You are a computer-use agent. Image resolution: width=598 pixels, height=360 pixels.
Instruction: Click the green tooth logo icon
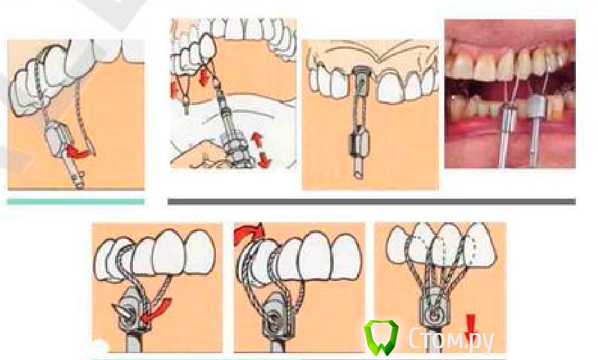point(381,337)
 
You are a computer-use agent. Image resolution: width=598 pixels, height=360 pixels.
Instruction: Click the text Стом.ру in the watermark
point(451,339)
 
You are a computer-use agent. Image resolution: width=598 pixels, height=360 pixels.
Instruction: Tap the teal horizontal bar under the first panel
point(76,201)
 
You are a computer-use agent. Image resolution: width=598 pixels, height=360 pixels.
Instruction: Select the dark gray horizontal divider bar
point(372,201)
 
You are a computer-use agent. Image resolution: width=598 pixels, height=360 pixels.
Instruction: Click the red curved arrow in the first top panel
point(80,152)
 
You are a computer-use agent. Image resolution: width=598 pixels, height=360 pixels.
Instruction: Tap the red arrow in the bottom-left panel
point(156,309)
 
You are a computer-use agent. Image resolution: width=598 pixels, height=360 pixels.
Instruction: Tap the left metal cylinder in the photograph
point(508,116)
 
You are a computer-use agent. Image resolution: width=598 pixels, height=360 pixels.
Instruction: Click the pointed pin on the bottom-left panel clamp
point(122,309)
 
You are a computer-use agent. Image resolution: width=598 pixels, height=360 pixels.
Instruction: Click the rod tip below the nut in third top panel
point(359,171)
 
